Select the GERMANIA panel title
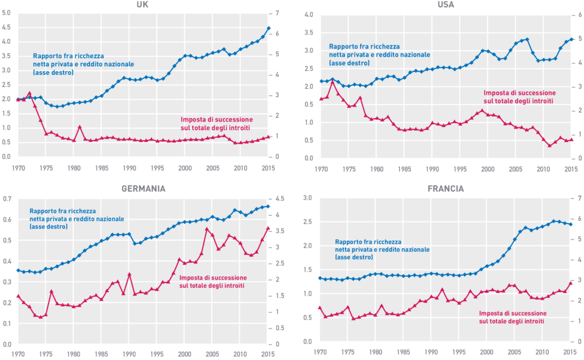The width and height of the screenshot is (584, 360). [x=143, y=189]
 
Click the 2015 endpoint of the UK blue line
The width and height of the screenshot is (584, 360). [x=269, y=28]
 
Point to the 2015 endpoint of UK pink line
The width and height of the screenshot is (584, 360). [x=269, y=137]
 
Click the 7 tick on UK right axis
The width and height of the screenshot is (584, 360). [x=278, y=13]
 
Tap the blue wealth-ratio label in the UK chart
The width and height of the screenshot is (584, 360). [x=68, y=65]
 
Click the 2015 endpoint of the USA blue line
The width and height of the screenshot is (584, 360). [x=571, y=39]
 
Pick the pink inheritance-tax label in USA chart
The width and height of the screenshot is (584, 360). [x=519, y=96]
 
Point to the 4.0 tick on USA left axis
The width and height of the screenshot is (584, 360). [x=308, y=14]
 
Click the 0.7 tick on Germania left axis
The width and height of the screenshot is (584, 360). [x=7, y=199]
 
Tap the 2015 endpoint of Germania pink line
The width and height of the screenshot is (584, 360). [x=269, y=228]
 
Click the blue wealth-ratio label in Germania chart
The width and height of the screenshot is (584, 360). [x=76, y=219]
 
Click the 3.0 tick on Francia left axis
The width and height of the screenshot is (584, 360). [x=308, y=198]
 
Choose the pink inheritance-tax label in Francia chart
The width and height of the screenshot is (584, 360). [x=512, y=317]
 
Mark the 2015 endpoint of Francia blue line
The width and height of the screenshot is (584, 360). [x=571, y=225]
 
